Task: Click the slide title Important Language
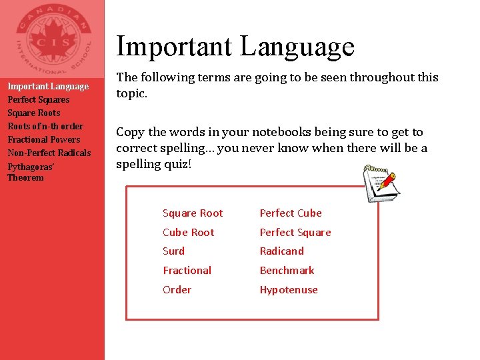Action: pyautogui.click(x=235, y=47)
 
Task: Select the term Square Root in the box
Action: pyautogui.click(x=193, y=213)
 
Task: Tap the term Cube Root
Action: pyautogui.click(x=189, y=233)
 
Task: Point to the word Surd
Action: pyautogui.click(x=173, y=251)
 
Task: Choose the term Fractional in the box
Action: pyautogui.click(x=187, y=271)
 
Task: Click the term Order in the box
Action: pyautogui.click(x=177, y=290)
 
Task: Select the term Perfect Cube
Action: pyautogui.click(x=290, y=213)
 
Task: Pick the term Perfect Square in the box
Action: pyautogui.click(x=295, y=233)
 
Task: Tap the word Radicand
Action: pyautogui.click(x=281, y=251)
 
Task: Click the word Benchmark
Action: pyautogui.click(x=287, y=271)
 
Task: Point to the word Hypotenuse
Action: pyautogui.click(x=289, y=290)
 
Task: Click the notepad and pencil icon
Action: pyautogui.click(x=381, y=181)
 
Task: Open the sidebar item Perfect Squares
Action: pyautogui.click(x=38, y=99)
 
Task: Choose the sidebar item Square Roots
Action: pyautogui.click(x=33, y=113)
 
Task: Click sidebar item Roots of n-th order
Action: pyautogui.click(x=45, y=126)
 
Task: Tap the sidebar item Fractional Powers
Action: pyautogui.click(x=43, y=139)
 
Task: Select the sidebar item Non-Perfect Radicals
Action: pyautogui.click(x=49, y=153)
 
